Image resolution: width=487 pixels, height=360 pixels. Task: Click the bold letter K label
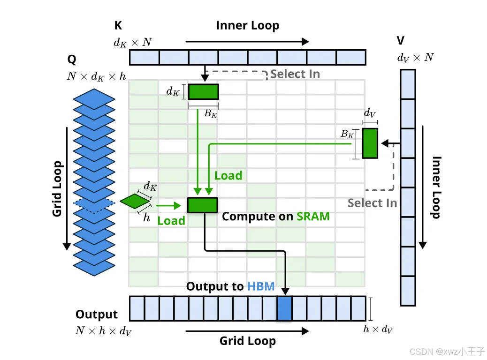click(x=118, y=26)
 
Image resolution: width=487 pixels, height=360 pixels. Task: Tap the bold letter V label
click(x=401, y=40)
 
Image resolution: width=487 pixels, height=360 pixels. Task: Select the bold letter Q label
click(x=72, y=60)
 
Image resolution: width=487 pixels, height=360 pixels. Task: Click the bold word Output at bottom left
click(x=97, y=315)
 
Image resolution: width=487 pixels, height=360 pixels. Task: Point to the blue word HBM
click(x=260, y=286)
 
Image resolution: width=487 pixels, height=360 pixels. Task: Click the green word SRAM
click(x=313, y=217)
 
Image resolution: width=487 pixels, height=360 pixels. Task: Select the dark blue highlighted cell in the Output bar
click(x=284, y=308)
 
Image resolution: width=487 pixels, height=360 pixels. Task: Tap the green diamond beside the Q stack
click(x=135, y=201)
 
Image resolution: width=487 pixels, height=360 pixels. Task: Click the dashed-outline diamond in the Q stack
click(x=94, y=203)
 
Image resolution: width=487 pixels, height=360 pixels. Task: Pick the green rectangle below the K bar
click(x=203, y=91)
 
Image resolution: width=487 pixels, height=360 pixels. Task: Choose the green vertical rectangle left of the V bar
click(x=370, y=143)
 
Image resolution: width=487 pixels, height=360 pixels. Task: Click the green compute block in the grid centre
click(x=202, y=205)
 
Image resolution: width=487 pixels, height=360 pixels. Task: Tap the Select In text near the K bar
click(x=295, y=74)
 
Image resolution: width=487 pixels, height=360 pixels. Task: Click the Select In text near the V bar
click(x=372, y=203)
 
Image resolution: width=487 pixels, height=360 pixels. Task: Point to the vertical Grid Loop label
click(x=57, y=189)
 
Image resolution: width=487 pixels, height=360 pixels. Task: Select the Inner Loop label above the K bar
click(x=247, y=26)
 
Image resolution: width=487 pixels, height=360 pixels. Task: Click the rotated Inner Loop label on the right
click(x=436, y=187)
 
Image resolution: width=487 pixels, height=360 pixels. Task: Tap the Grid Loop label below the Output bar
click(x=247, y=341)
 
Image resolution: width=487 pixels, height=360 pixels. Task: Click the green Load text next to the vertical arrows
click(x=228, y=176)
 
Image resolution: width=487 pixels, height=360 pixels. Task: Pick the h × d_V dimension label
click(x=378, y=329)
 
